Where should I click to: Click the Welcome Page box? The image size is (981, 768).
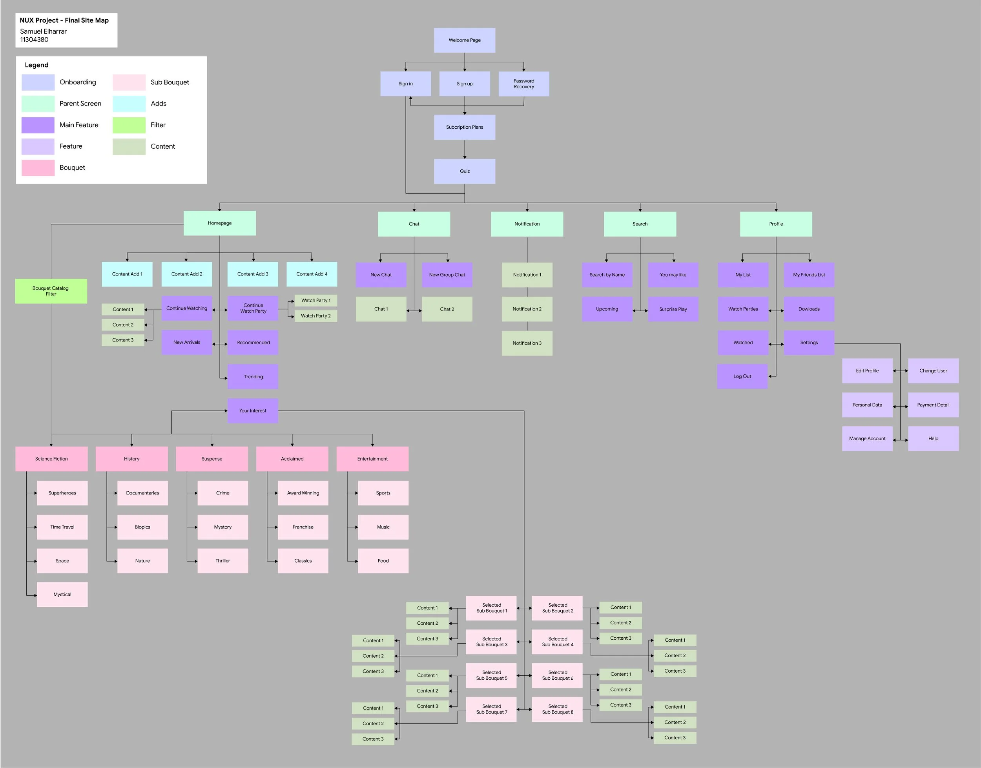click(465, 40)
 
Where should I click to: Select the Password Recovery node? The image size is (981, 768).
click(524, 84)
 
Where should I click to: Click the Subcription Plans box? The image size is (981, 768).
click(465, 127)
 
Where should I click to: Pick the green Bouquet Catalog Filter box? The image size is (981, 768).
click(51, 291)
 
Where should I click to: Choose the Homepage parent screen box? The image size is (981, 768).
click(219, 223)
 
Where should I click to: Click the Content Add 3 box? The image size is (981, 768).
click(253, 274)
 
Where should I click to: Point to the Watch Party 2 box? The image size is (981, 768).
click(315, 316)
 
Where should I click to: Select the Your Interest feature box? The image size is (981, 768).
click(253, 411)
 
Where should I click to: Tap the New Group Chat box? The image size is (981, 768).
click(447, 275)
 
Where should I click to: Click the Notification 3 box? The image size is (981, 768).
click(527, 343)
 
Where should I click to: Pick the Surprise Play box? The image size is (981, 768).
click(673, 309)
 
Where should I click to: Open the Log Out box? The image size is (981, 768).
click(742, 376)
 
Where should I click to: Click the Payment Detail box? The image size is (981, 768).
click(933, 405)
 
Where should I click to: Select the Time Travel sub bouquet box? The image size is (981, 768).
click(62, 527)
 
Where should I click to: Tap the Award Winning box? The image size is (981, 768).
click(303, 493)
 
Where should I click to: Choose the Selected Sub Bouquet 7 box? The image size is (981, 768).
click(491, 710)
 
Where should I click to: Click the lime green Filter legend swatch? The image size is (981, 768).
click(129, 125)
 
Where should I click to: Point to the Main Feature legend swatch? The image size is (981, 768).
click(38, 125)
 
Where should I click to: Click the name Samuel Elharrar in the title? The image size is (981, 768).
click(43, 31)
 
